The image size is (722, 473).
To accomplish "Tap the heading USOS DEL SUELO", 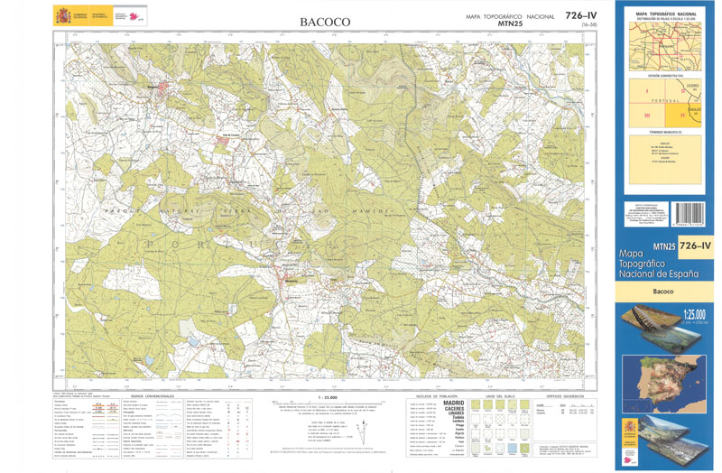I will point(498,396).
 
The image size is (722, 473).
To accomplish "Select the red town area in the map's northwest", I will point(163,89).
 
